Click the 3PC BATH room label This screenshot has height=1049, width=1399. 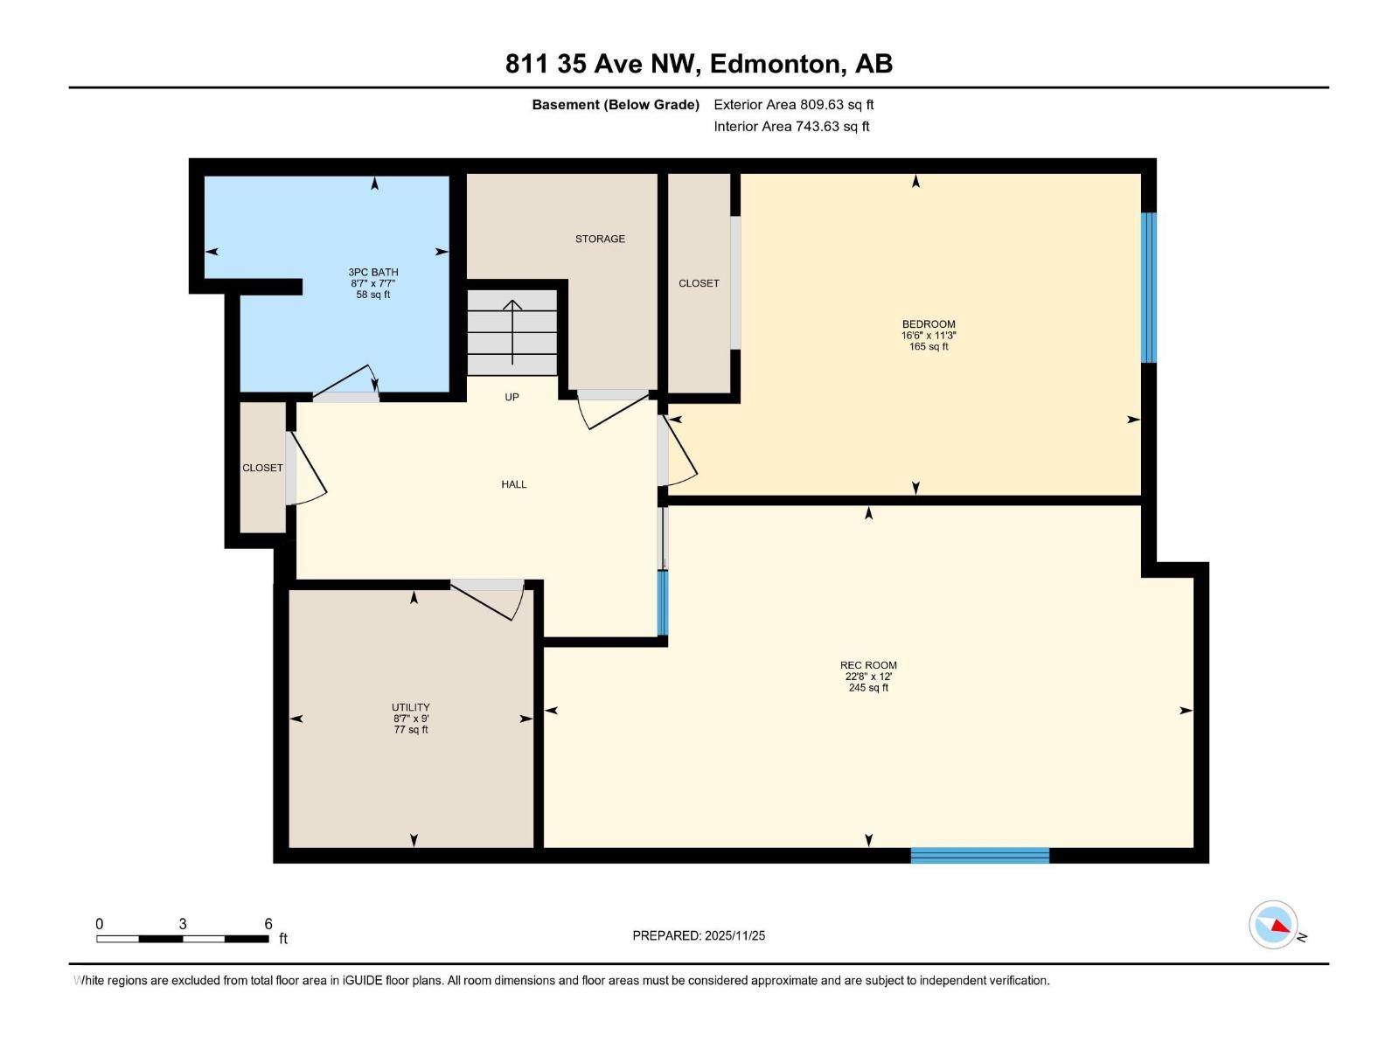tap(373, 272)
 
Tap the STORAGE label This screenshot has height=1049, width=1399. tap(600, 239)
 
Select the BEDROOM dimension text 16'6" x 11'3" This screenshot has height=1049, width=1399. tap(929, 336)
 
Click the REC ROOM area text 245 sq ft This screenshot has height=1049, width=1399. tap(868, 688)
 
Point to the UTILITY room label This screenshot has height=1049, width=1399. tap(410, 707)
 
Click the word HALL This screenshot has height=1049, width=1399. tap(514, 484)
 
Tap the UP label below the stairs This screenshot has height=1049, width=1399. tap(512, 397)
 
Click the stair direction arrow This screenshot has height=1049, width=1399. tap(512, 332)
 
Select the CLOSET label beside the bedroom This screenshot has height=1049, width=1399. tap(699, 283)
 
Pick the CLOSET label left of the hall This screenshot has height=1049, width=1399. tap(262, 468)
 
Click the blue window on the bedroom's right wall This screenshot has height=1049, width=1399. tap(1149, 288)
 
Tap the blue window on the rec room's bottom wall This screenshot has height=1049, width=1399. tap(979, 855)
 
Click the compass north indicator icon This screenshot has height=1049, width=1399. tap(1274, 925)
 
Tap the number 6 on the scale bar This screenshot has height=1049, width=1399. tap(268, 924)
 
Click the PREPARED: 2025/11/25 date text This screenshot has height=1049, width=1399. tap(699, 935)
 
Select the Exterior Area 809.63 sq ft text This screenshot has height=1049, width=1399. tap(793, 105)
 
